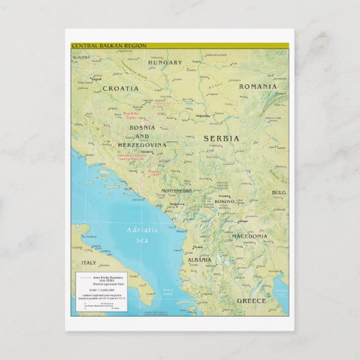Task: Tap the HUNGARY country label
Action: point(165,63)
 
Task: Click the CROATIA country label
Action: point(120,88)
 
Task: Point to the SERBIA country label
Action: point(221,139)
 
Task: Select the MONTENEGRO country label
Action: point(176,192)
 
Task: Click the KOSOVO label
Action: point(223,202)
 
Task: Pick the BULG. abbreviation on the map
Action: point(279,192)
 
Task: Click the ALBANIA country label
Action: point(200,260)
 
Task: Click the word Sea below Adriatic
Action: point(141,240)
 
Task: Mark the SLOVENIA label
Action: point(81,58)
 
